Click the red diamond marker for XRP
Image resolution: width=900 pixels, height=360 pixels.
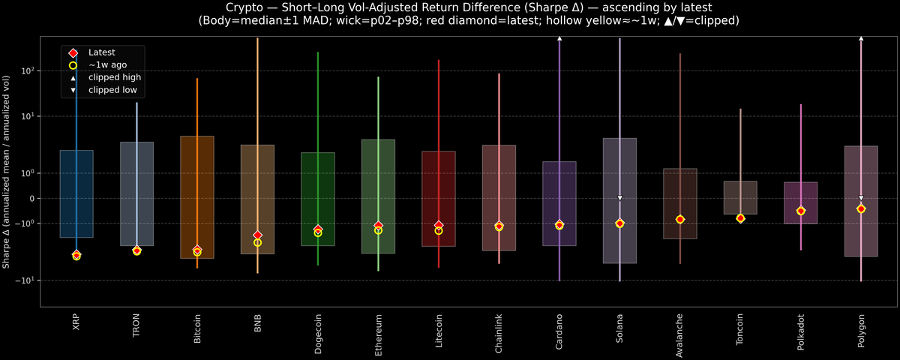76,255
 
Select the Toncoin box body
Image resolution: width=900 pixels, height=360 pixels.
740,197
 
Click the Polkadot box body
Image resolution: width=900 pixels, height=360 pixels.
800,202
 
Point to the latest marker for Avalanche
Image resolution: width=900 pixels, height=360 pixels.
680,219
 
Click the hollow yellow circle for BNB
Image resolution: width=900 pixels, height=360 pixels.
257,242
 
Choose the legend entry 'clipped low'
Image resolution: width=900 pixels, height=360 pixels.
112,90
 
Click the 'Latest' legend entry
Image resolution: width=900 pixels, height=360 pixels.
101,52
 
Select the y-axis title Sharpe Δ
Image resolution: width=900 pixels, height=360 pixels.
6,172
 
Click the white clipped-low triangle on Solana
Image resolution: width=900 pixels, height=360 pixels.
620,198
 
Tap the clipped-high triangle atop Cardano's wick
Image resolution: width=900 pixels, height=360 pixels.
559,37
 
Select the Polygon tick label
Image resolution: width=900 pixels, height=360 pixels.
861,330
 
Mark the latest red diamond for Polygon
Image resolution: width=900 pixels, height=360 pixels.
861,208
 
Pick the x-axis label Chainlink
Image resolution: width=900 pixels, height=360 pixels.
499,332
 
